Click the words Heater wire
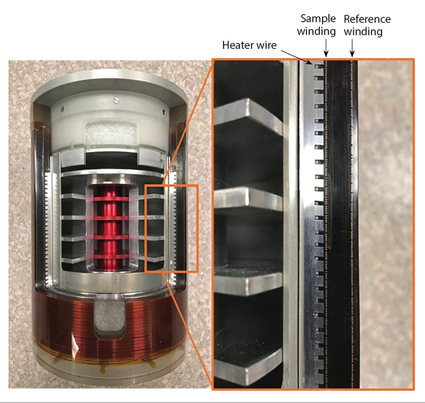tap(249, 45)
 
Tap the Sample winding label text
tap(317, 25)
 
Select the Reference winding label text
tap(367, 25)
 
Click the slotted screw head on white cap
tap(117, 100)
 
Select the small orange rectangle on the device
tap(172, 228)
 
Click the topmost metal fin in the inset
tap(248, 116)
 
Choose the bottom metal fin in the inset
tap(248, 367)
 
